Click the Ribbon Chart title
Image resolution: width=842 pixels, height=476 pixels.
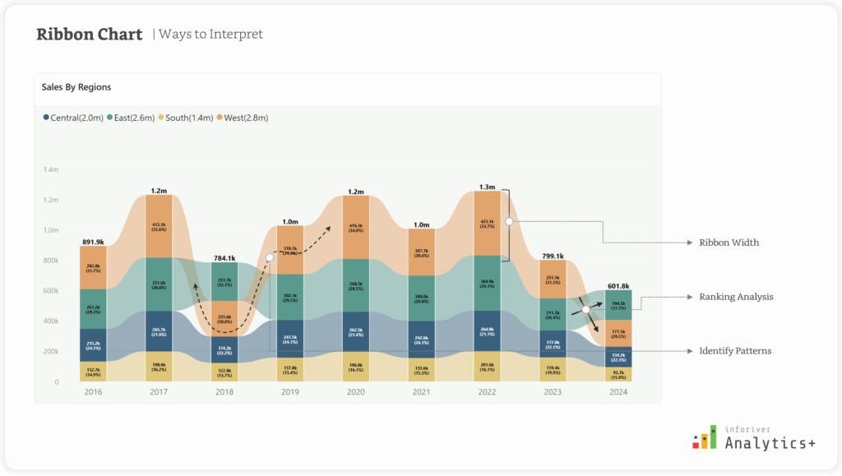point(90,35)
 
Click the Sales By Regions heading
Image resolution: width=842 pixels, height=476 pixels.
point(76,86)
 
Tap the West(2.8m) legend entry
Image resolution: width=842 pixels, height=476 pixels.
point(243,118)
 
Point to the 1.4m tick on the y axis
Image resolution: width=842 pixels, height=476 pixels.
point(50,169)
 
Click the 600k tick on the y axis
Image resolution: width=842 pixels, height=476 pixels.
point(50,291)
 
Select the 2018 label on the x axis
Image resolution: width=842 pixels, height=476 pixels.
point(224,392)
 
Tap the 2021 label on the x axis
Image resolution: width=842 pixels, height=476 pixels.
point(422,392)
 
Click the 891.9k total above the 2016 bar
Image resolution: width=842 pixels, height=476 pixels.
point(93,242)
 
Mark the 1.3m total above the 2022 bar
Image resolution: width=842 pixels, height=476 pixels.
point(487,187)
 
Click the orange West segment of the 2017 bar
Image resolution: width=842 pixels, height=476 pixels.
point(159,226)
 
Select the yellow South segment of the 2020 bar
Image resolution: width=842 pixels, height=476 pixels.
point(356,367)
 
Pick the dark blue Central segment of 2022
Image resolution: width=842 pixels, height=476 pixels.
point(487,332)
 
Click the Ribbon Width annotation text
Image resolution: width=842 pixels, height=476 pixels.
point(729,243)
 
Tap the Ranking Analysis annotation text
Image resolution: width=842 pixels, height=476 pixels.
point(736,296)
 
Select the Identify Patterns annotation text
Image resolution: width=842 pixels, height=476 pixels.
point(735,351)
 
